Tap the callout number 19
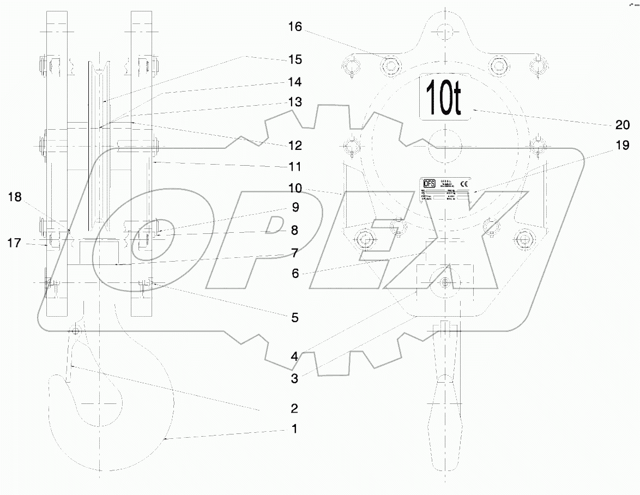(622, 146)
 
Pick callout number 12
(295, 146)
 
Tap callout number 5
(295, 317)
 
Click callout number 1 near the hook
(294, 429)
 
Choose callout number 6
(295, 273)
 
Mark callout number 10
(295, 188)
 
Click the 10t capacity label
(444, 96)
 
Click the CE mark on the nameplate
(464, 184)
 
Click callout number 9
(295, 207)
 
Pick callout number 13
(295, 102)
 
